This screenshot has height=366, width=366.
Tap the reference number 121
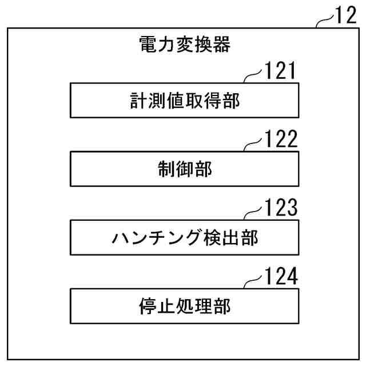coord(280,71)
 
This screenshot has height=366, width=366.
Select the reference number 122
coord(280,140)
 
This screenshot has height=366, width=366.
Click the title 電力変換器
coord(184,44)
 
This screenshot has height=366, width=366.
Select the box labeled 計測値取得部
coord(184,101)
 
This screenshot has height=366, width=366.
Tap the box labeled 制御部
coord(184,169)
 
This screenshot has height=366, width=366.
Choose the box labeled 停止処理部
coord(184,307)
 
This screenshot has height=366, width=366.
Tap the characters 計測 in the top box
coord(150,101)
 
